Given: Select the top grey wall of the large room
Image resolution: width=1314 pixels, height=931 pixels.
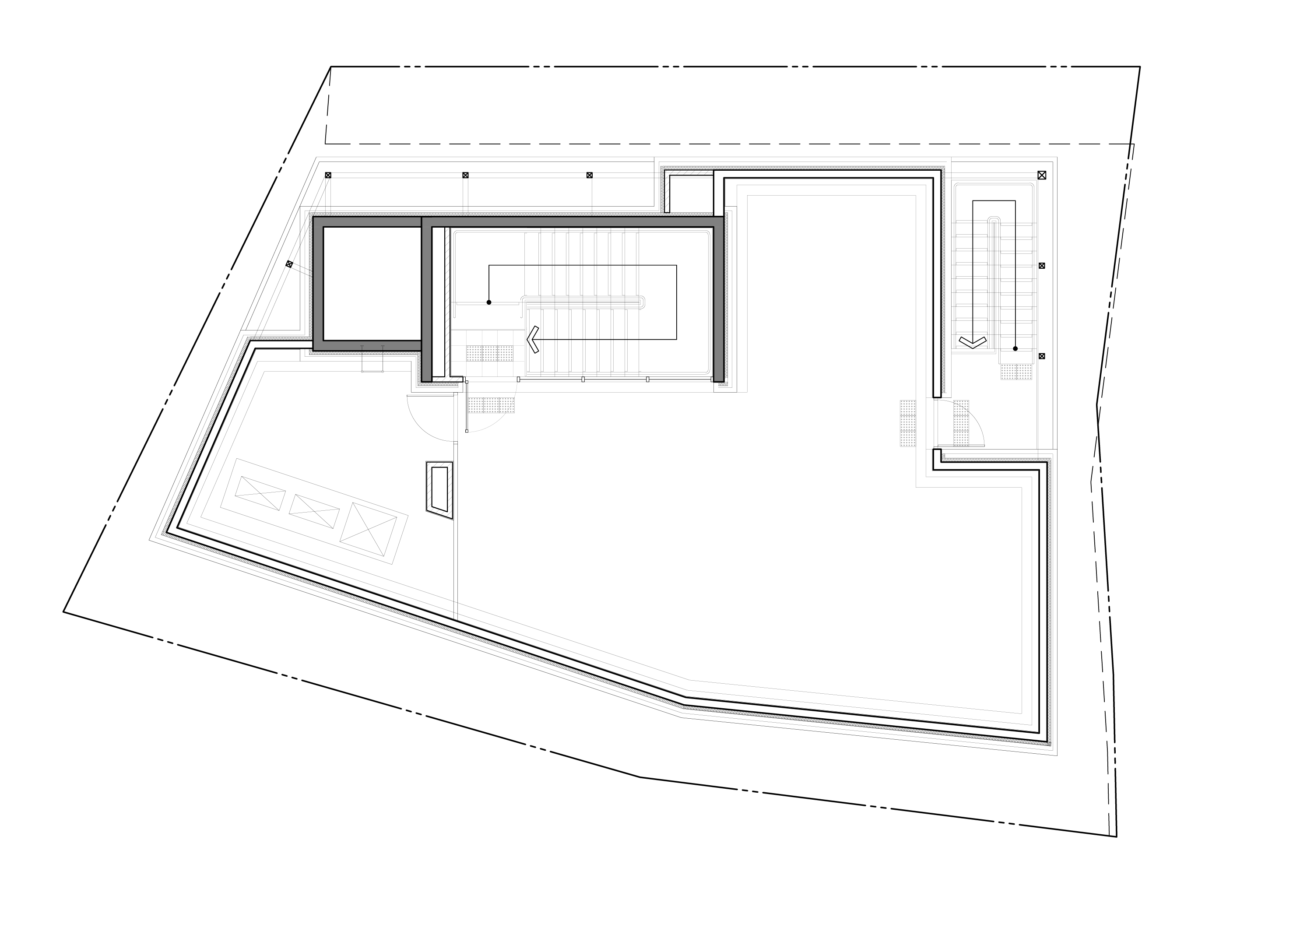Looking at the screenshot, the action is coord(573,221).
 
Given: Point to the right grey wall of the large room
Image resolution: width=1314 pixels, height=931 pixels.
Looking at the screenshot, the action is coord(718,298).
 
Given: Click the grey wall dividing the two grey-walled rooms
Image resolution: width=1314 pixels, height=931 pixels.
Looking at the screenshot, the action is coord(426,298).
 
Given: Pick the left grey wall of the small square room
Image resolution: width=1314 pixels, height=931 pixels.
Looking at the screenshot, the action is coord(318,283).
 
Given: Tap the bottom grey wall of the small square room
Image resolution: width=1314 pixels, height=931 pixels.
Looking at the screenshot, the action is coord(367,346).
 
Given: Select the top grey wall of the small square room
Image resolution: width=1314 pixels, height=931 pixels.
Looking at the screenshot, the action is coord(367,221).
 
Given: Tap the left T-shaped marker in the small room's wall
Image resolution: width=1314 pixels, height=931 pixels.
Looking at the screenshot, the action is coord(362,348).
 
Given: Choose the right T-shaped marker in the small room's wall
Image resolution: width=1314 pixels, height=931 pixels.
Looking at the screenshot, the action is coord(383,348).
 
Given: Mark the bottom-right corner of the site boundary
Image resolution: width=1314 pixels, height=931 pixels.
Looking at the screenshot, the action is coord(1030,724).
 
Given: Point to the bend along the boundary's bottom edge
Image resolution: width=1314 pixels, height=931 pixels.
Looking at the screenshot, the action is coord(688,685).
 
